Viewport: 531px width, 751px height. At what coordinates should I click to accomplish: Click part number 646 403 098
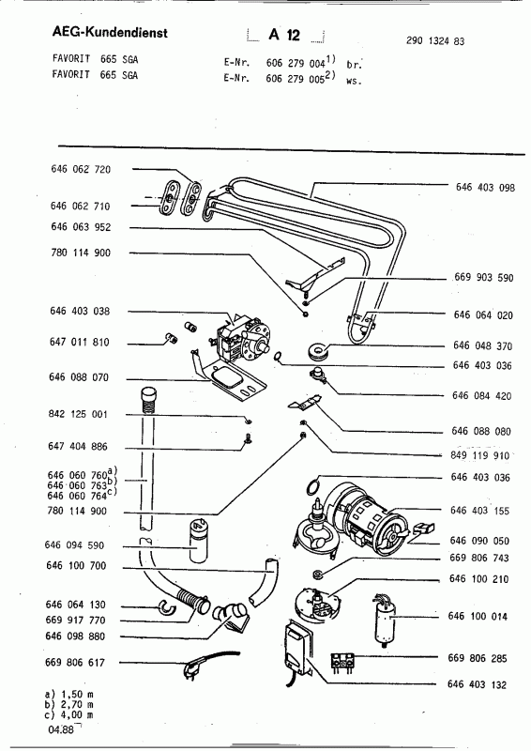pos(485,188)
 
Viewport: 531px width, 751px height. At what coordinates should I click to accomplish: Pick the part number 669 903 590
pos(485,280)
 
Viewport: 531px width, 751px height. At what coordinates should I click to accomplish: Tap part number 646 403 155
pos(485,512)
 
